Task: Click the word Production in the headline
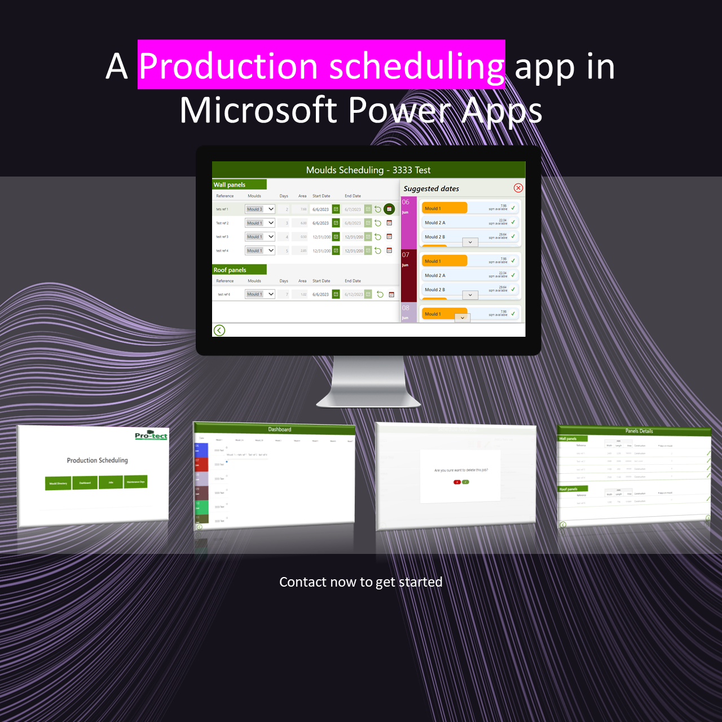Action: (228, 66)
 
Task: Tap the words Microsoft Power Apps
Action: (361, 110)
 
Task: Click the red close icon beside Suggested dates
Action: (518, 188)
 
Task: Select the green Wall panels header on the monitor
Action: (239, 184)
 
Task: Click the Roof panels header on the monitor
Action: (239, 270)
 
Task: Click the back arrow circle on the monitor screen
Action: (219, 330)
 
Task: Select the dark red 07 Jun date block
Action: (408, 275)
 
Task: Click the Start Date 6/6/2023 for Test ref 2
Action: (320, 223)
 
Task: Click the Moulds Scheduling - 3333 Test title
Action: (368, 170)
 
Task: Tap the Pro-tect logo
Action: (151, 435)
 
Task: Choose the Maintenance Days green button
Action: (136, 482)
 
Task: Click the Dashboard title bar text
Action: (280, 429)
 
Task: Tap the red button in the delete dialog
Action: (457, 482)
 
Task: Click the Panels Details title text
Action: (639, 431)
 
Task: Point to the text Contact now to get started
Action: (361, 582)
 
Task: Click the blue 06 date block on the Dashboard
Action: (201, 450)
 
